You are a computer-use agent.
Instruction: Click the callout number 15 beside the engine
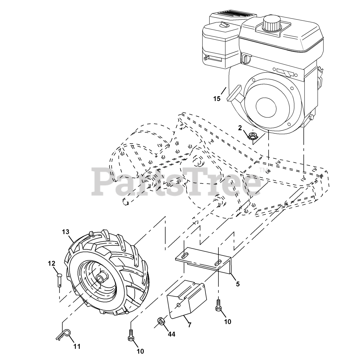click(x=217, y=99)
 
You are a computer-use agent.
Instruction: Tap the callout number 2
click(x=240, y=128)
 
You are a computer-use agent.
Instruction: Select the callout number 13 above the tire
click(x=65, y=232)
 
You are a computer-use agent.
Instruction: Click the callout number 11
click(x=77, y=346)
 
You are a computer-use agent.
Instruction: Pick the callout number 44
click(x=171, y=334)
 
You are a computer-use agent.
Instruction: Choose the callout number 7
click(x=190, y=325)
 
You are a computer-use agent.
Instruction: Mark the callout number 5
click(x=238, y=284)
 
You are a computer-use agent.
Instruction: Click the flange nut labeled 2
click(x=252, y=136)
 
